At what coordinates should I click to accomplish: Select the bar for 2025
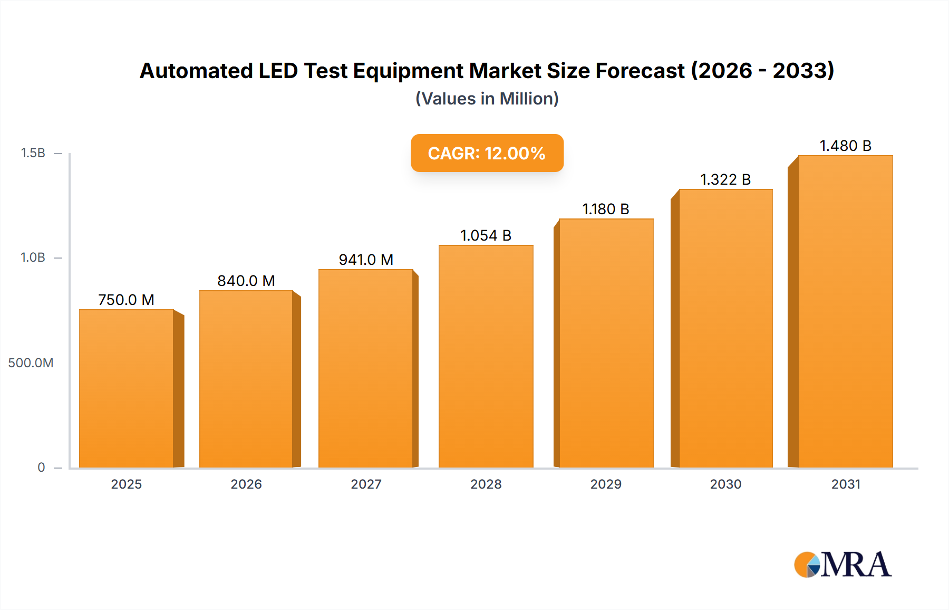(127, 388)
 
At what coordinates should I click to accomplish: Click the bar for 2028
(486, 357)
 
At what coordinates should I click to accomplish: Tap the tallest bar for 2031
(846, 311)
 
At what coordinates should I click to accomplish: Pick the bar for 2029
(606, 343)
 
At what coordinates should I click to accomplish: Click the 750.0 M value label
(127, 300)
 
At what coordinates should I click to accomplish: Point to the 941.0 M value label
(366, 260)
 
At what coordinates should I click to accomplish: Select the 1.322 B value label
(725, 179)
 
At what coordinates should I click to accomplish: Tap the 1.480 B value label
(846, 146)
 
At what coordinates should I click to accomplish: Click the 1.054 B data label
(486, 235)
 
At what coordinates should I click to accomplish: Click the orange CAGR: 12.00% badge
(487, 153)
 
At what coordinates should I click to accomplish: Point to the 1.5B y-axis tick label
(33, 153)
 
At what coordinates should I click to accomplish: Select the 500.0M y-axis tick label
(31, 363)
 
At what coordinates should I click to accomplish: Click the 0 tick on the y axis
(41, 468)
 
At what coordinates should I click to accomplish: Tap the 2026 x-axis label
(246, 484)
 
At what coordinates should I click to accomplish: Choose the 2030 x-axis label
(725, 484)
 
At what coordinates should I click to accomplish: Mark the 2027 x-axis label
(366, 484)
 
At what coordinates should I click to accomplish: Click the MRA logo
(843, 565)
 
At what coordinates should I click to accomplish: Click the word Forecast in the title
(640, 71)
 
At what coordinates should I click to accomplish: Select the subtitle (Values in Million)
(487, 99)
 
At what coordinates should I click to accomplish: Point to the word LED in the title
(278, 71)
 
